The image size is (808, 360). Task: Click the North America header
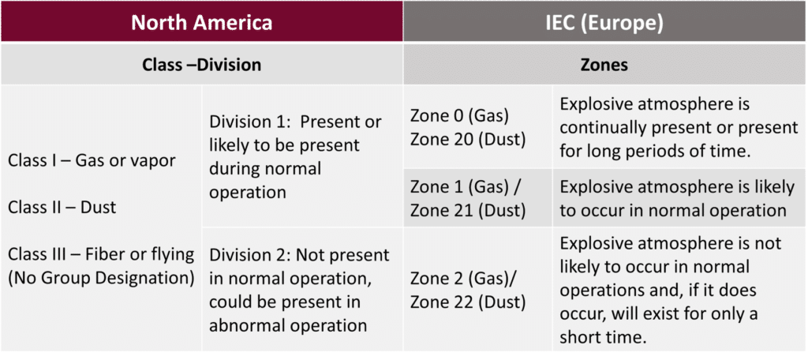coord(201,22)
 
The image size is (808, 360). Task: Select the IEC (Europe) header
coord(604,22)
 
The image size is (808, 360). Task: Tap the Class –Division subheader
coord(201,65)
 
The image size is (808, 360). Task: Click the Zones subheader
coord(604,65)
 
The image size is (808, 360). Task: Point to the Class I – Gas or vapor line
coord(92,160)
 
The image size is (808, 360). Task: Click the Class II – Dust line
coord(62,208)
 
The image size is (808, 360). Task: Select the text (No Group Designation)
coord(101,278)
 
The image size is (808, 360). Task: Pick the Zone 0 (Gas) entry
coord(460,116)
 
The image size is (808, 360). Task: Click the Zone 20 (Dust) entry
coord(468,139)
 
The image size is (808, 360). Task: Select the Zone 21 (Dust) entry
coord(468,210)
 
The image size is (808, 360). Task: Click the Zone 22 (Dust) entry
coord(468,302)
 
